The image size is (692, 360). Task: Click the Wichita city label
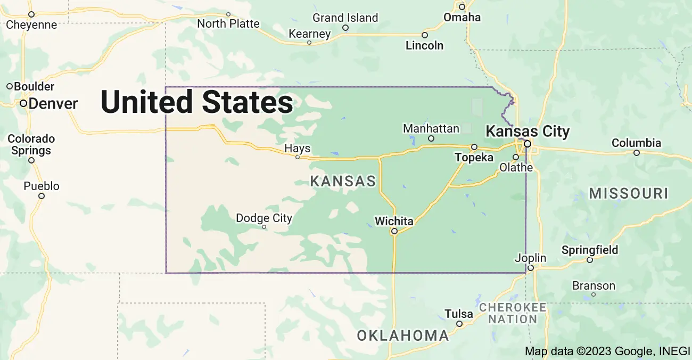click(394, 220)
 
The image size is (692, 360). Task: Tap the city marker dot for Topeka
click(474, 147)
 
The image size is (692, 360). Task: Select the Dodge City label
click(264, 218)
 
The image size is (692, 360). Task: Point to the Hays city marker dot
click(298, 157)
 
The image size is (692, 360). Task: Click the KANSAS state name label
click(343, 182)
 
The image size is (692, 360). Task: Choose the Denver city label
click(53, 103)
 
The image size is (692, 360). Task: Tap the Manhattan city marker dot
click(431, 138)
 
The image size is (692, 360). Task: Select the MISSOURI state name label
click(628, 193)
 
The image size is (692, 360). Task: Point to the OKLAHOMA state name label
click(403, 336)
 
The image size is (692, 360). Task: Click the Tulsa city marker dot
click(459, 323)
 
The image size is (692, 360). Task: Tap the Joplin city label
click(530, 258)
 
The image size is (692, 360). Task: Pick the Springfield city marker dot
click(590, 260)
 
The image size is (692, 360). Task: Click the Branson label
click(594, 286)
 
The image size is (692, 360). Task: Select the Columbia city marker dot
click(637, 153)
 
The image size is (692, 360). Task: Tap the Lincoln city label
click(424, 45)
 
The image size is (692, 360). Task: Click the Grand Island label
click(345, 18)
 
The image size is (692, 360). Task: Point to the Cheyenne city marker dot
click(31, 14)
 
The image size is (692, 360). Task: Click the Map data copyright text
click(607, 351)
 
